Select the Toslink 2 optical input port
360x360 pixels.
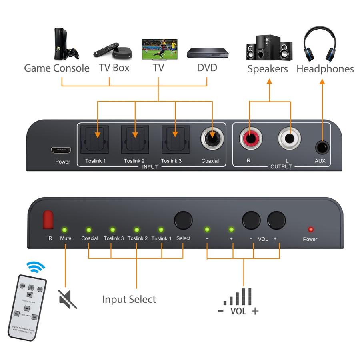point(135,139)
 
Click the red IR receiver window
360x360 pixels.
point(49,220)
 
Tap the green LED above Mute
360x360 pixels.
point(64,230)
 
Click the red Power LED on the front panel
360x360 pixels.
point(310,230)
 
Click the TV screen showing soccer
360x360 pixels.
point(159,49)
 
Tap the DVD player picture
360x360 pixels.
point(207,52)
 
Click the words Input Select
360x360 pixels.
point(129,299)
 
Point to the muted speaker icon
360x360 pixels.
point(67,299)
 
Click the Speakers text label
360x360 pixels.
point(268,69)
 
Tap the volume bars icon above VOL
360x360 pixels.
point(238,297)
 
